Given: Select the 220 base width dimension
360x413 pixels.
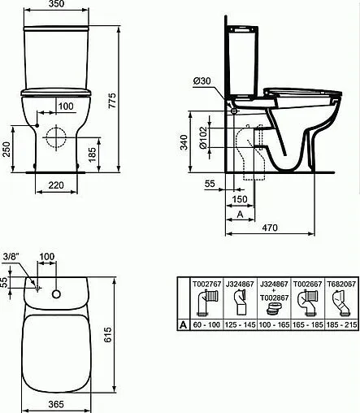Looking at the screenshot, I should (x=56, y=185).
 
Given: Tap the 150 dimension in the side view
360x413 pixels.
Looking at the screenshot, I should (x=240, y=199).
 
